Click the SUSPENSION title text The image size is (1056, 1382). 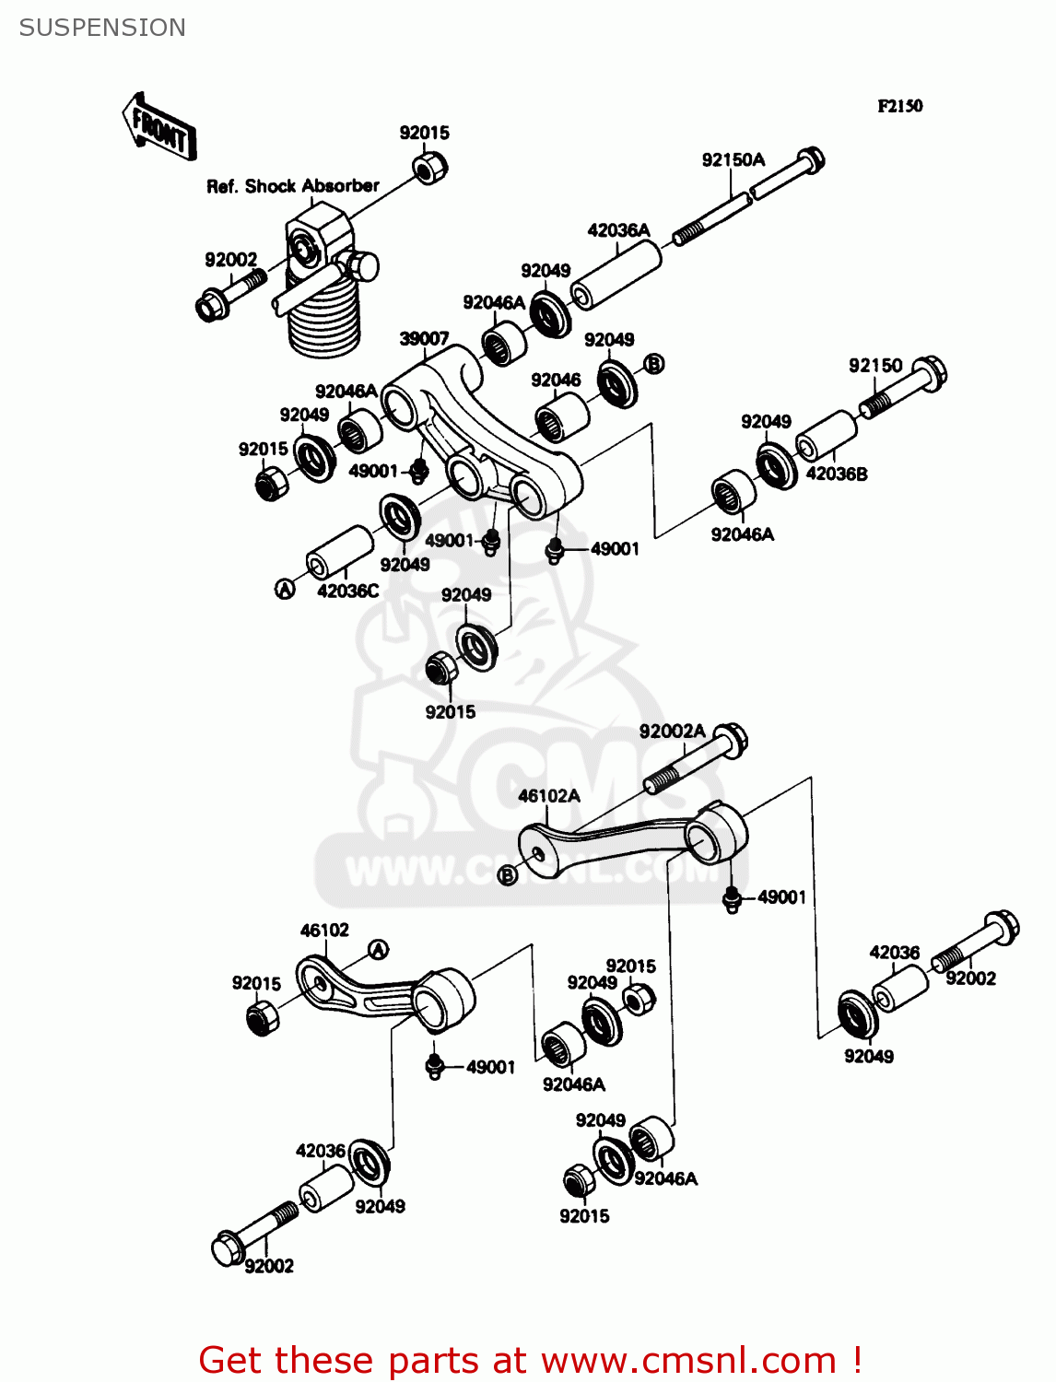pyautogui.click(x=102, y=28)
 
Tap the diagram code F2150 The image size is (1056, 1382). pyautogui.click(x=899, y=106)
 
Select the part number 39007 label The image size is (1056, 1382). pyautogui.click(x=424, y=339)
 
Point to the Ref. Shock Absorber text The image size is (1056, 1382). pyautogui.click(x=292, y=186)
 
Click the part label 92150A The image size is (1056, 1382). pyautogui.click(x=733, y=160)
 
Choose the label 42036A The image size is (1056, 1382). pyautogui.click(x=618, y=230)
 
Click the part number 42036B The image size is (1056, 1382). pyautogui.click(x=836, y=474)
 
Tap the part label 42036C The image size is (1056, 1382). pyautogui.click(x=347, y=591)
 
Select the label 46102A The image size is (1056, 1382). pyautogui.click(x=549, y=796)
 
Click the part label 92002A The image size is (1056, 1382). pyautogui.click(x=672, y=732)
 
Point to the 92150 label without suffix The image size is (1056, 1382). pyautogui.click(x=874, y=366)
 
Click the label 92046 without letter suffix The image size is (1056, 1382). pyautogui.click(x=556, y=380)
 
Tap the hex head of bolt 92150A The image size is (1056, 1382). pyautogui.click(x=810, y=160)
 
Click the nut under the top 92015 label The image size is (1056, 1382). pyautogui.click(x=430, y=168)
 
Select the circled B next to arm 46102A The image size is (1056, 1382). pyautogui.click(x=507, y=874)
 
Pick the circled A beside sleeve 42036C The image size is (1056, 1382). pyautogui.click(x=286, y=590)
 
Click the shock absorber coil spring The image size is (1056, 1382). pyautogui.click(x=323, y=318)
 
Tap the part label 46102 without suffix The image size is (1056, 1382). pyautogui.click(x=324, y=931)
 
